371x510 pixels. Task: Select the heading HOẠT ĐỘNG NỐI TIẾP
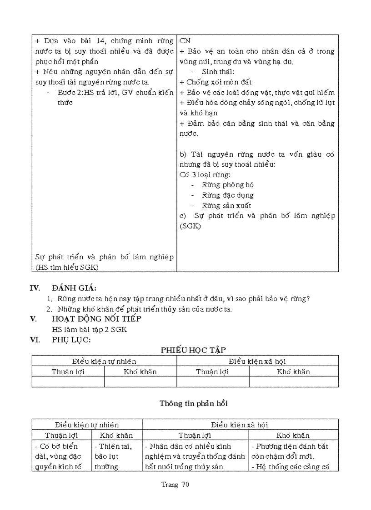coord(96,319)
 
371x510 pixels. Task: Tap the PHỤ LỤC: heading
coord(71,340)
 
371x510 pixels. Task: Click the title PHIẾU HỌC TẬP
coord(194,350)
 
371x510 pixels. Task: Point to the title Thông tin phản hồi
coord(194,403)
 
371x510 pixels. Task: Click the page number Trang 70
coord(175,484)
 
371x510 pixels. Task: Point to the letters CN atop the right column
coord(185,41)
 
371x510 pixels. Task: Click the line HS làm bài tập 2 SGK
coord(90,329)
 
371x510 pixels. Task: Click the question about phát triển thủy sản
coord(145,309)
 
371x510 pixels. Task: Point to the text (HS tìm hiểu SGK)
coord(67,267)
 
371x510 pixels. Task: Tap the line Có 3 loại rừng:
coord(205,174)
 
